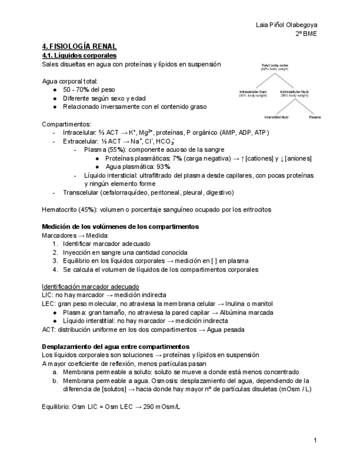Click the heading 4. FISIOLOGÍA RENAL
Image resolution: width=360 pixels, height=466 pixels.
[79, 47]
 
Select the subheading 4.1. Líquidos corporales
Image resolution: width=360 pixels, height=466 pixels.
[79, 56]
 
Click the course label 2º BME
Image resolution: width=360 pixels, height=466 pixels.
[306, 34]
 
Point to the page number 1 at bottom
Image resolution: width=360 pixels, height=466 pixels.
[315, 440]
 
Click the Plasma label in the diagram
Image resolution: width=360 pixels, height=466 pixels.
[315, 117]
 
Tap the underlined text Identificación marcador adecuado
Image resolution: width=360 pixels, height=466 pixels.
[91, 286]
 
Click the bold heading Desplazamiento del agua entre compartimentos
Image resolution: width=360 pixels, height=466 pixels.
[115, 346]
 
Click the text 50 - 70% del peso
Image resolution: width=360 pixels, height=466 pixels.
[89, 90]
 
